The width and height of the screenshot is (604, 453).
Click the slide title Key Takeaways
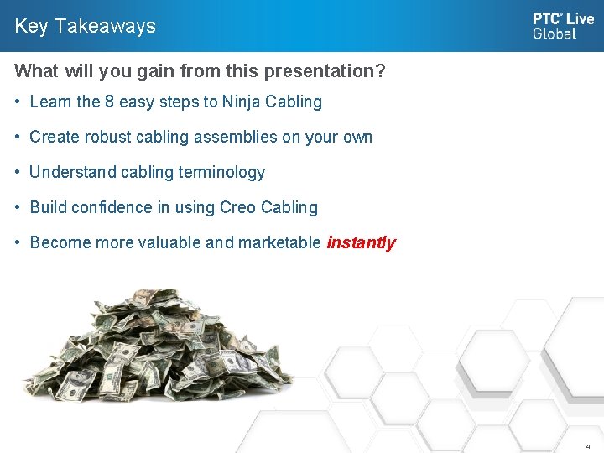pos(85,26)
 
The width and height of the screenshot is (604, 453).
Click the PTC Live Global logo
pos(562,25)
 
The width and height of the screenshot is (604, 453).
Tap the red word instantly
pos(361,243)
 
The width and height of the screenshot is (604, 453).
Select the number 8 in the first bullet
pos(109,102)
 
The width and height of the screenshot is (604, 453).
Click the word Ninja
pos(241,102)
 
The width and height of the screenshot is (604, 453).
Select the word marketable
pos(279,243)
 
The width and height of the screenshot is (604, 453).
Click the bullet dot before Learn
pos(18,102)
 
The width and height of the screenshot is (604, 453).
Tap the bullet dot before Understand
pos(18,173)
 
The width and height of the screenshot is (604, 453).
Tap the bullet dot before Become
pos(18,243)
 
